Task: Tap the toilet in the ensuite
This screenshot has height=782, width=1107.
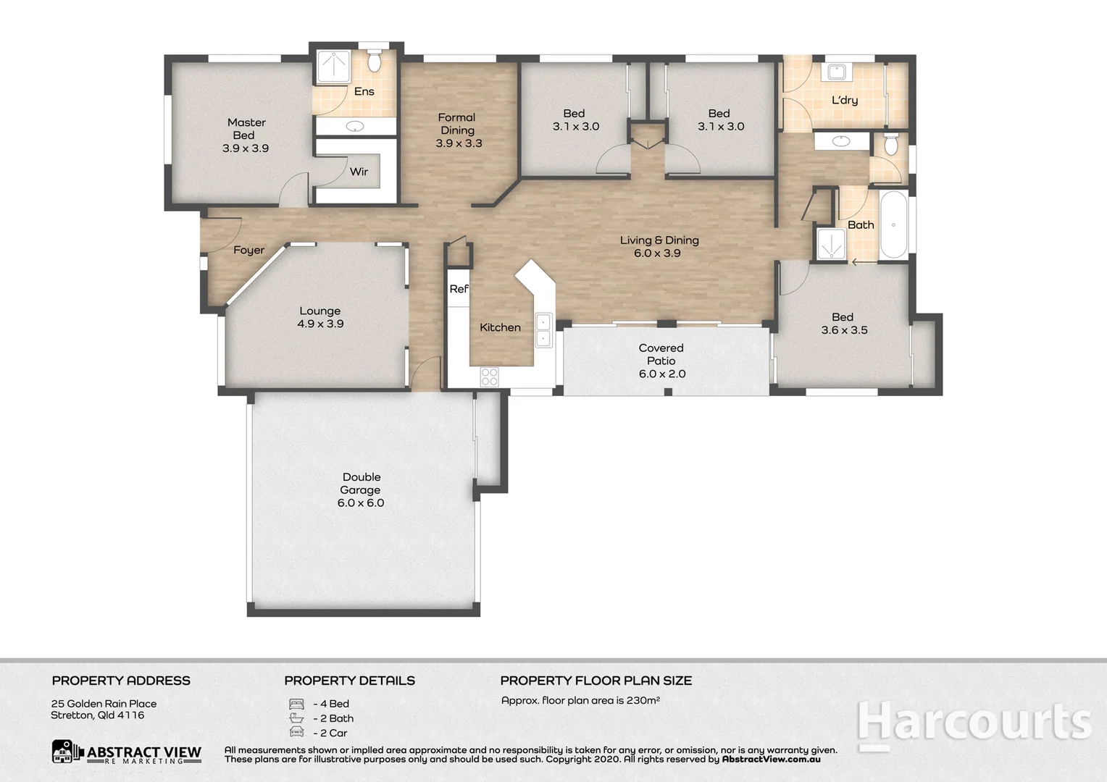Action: click(374, 62)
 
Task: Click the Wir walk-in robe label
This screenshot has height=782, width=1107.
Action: click(359, 172)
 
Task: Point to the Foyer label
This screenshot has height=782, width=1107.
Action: click(248, 250)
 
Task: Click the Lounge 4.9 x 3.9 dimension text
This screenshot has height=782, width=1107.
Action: click(320, 324)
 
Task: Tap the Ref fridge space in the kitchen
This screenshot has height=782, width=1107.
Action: click(459, 289)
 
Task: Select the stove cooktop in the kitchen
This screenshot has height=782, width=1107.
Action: click(490, 377)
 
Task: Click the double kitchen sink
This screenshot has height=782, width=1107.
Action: click(543, 330)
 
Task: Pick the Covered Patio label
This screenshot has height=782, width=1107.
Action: click(661, 354)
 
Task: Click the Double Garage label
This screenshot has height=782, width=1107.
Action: click(361, 483)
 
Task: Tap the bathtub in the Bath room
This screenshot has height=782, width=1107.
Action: click(893, 224)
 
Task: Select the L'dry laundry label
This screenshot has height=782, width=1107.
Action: click(844, 100)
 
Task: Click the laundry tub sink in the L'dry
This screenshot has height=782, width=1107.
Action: click(837, 72)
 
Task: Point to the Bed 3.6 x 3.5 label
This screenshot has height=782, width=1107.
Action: click(843, 323)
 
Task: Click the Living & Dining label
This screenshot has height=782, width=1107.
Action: click(659, 240)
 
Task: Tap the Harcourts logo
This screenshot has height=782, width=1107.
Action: click(974, 724)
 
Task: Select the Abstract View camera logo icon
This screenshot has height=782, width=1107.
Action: click(67, 752)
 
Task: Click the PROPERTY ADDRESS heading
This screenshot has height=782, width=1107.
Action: click(121, 681)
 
